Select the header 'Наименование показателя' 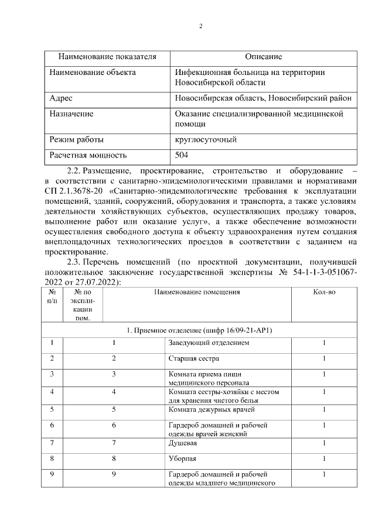tap(107, 57)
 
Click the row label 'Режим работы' tap(77, 140)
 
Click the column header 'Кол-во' tap(324, 291)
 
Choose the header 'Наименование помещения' tap(197, 291)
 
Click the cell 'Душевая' tap(183, 442)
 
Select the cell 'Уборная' tap(182, 458)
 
